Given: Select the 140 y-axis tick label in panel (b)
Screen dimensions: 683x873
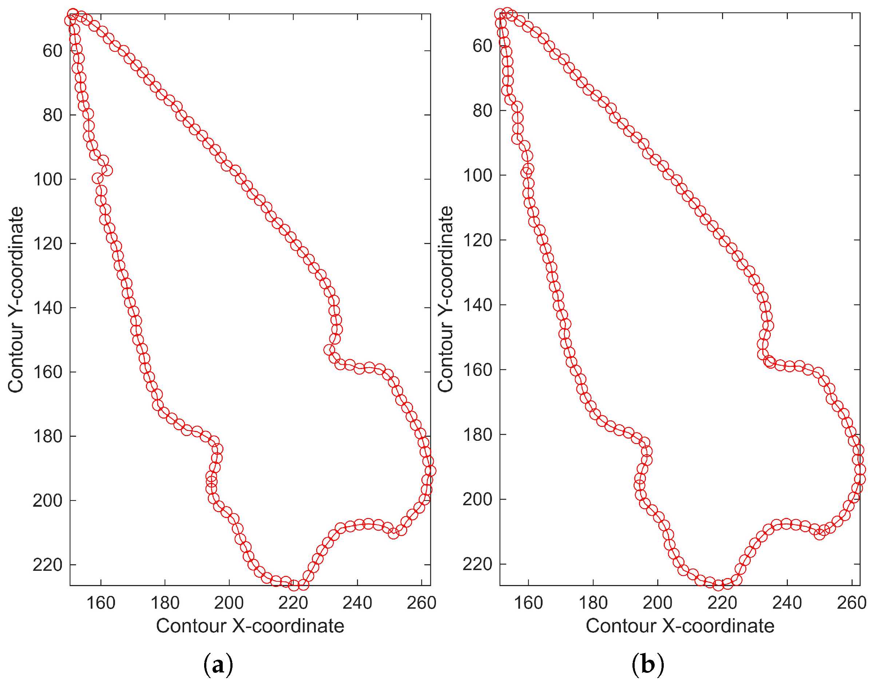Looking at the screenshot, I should tap(477, 305).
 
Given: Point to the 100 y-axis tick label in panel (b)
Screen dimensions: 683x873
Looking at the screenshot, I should tap(477, 175).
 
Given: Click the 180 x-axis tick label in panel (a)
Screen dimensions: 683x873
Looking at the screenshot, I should tap(165, 602).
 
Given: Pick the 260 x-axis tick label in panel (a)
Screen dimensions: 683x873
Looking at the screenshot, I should tap(421, 602).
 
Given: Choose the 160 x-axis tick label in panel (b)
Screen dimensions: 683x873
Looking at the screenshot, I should tap(528, 602).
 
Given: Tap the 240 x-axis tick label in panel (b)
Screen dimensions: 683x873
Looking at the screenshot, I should tap(787, 602).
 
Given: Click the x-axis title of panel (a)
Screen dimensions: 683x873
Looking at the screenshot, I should tap(250, 626).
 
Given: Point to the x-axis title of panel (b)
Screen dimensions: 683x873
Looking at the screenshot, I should tap(679, 626).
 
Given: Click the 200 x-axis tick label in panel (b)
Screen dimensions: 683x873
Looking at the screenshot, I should tap(658, 602).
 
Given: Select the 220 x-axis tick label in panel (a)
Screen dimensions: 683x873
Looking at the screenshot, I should tap(293, 602).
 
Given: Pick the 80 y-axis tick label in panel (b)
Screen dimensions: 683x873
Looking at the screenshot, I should tap(482, 110).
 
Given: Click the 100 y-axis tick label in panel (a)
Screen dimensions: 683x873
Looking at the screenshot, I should tap(48, 179).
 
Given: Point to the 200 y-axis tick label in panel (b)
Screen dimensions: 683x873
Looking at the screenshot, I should tap(477, 499).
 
